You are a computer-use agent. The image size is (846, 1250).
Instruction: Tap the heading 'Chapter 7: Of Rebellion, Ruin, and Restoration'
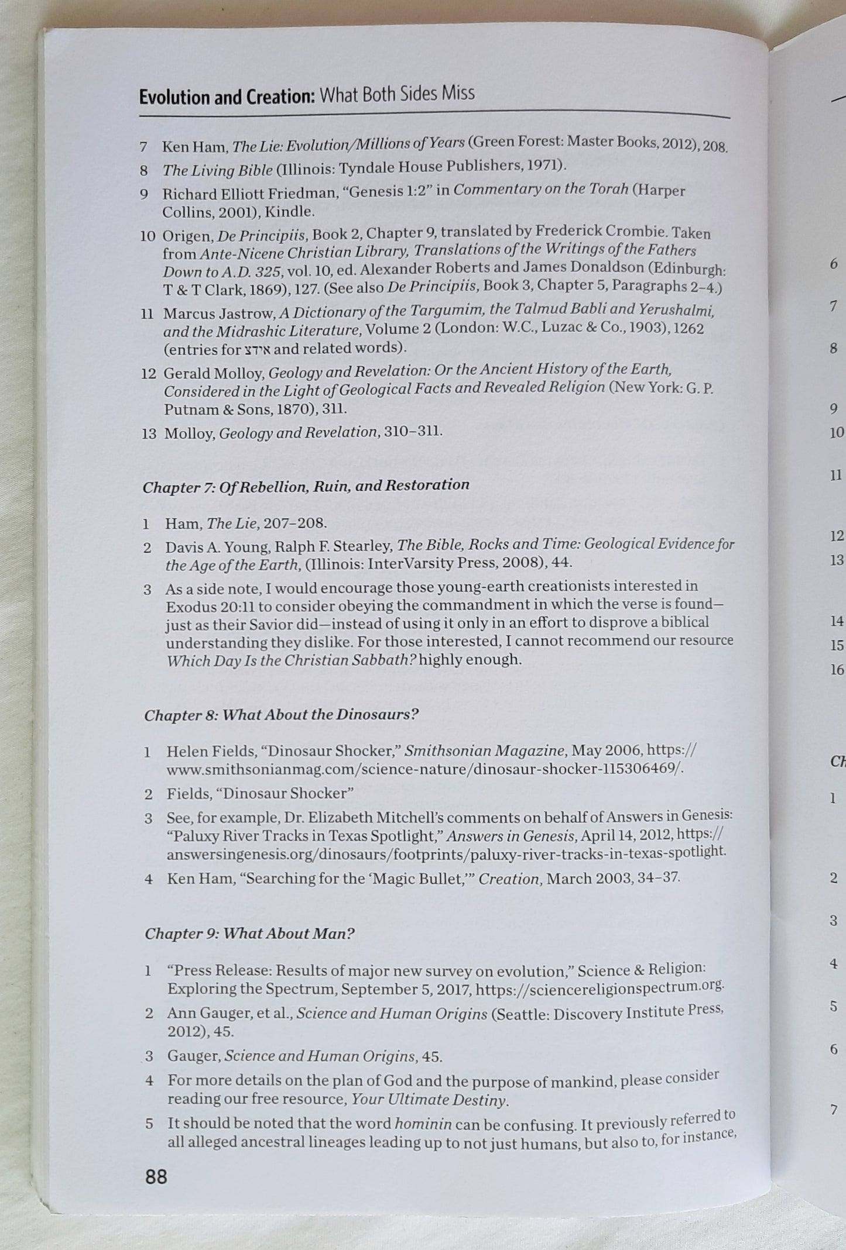306,486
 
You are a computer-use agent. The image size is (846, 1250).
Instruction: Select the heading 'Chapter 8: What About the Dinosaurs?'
281,715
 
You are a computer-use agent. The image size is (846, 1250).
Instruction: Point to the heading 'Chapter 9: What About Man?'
249,933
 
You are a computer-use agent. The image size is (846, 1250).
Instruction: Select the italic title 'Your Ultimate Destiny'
428,1100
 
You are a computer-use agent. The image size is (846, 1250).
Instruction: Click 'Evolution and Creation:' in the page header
227,97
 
